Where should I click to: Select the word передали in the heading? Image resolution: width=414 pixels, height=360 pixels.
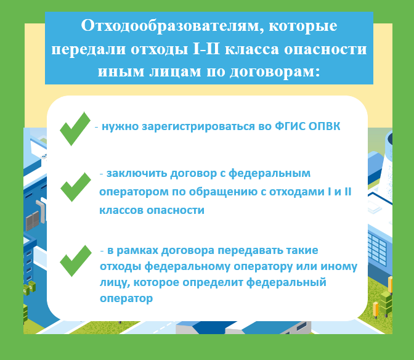pyautogui.click(x=89, y=50)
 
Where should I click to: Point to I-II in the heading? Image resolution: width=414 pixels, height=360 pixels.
pyautogui.click(x=206, y=49)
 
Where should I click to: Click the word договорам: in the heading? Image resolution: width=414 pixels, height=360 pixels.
pyautogui.click(x=275, y=72)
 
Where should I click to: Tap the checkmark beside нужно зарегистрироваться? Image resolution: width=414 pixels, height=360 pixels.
pyautogui.click(x=75, y=129)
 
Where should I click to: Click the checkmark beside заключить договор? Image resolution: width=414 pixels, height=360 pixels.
pyautogui.click(x=76, y=187)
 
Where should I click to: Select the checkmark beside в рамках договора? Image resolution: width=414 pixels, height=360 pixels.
pyautogui.click(x=76, y=261)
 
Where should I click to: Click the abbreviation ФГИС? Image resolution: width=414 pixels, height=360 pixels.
pyautogui.click(x=290, y=126)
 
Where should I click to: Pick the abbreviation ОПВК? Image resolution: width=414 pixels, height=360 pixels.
pyautogui.click(x=324, y=126)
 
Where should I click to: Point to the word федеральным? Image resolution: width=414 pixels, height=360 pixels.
pyautogui.click(x=269, y=174)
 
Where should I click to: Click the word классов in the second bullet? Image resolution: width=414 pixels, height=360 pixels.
pyautogui.click(x=121, y=210)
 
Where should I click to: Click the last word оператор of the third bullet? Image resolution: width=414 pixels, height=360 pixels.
pyautogui.click(x=126, y=299)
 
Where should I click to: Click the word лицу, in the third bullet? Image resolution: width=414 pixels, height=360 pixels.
pyautogui.click(x=115, y=283)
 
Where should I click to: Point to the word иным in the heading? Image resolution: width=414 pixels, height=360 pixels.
pyautogui.click(x=120, y=72)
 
